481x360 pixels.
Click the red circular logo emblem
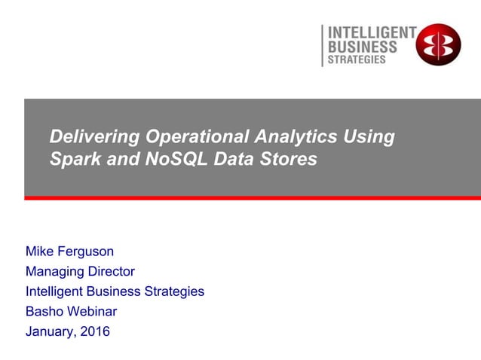[438, 44]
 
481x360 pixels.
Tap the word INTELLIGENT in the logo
[371, 32]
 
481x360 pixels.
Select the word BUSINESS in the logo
[361, 46]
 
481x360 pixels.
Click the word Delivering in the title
[94, 138]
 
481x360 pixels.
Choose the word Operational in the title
[198, 138]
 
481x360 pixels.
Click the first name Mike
[40, 252]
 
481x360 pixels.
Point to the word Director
[110, 271]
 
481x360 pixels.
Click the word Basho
[44, 311]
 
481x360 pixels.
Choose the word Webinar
[91, 311]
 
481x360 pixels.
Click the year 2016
[96, 331]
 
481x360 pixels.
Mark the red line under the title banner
[253, 198]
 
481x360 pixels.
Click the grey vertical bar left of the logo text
[322, 45]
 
